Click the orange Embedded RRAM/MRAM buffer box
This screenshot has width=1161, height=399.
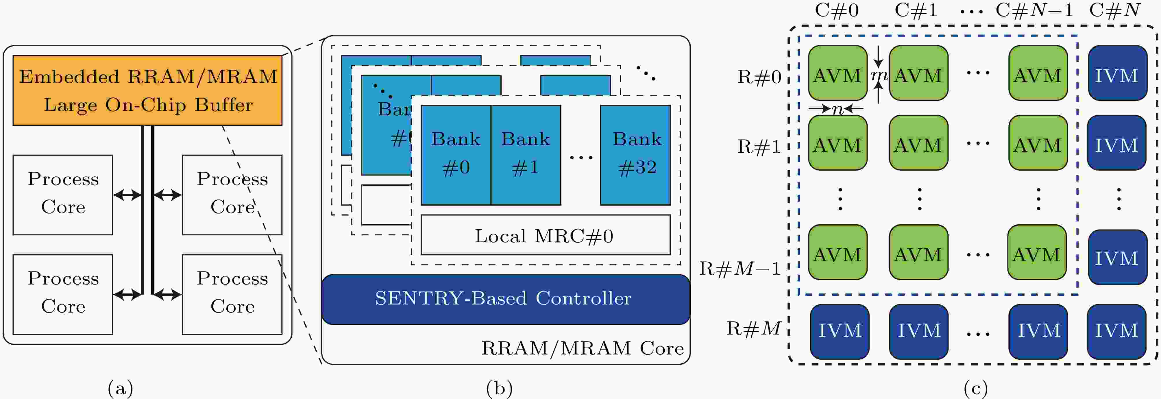[x=147, y=90]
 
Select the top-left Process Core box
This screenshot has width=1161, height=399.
[x=63, y=195]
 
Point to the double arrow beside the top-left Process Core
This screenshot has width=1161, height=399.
[x=127, y=195]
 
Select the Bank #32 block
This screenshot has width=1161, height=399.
[x=635, y=155]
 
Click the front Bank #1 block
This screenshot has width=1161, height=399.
[x=526, y=155]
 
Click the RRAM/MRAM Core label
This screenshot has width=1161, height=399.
[x=582, y=348]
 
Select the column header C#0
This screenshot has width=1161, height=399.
[x=837, y=10]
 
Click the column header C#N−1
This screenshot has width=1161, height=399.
[x=1034, y=10]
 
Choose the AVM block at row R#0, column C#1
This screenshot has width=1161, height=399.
[x=918, y=73]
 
